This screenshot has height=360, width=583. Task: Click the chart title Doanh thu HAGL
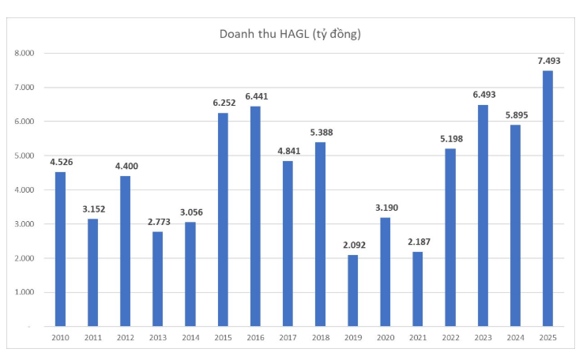point(291,34)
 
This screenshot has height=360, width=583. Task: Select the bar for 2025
point(547,198)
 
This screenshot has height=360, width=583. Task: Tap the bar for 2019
point(352,291)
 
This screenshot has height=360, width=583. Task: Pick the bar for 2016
point(255,216)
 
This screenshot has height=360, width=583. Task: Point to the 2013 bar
point(158,279)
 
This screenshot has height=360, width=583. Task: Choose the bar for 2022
point(450,237)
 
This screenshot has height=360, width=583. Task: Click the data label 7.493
point(547,61)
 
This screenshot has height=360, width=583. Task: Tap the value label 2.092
point(352,246)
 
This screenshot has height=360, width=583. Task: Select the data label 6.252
point(223,103)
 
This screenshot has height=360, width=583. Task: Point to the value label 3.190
point(385,208)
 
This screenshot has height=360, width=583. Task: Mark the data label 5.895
point(515,115)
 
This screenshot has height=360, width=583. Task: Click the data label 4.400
point(126,167)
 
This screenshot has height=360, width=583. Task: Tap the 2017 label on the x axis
point(288,338)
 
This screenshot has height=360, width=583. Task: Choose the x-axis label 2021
point(417,338)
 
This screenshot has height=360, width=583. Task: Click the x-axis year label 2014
point(190,338)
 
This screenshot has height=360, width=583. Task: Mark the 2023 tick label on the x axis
point(483,338)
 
